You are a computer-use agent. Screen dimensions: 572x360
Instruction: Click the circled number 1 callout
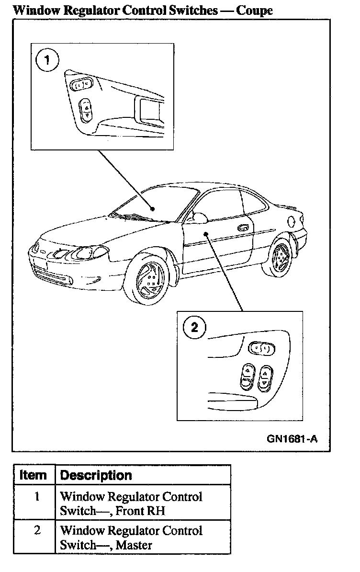coord(47,61)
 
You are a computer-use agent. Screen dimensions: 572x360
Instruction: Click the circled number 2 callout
coord(194,328)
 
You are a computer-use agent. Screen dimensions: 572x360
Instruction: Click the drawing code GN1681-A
coord(292,439)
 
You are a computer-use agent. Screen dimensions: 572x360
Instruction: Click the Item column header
coord(33,475)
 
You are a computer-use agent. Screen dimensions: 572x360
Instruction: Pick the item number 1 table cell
coord(37,496)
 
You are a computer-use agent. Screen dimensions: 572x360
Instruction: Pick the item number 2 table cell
coord(37,530)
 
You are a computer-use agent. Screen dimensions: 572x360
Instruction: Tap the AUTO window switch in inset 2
coord(246,376)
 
